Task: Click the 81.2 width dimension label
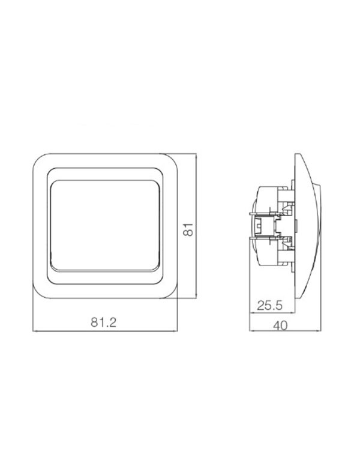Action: [x=103, y=322]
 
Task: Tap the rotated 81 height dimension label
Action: [x=188, y=229]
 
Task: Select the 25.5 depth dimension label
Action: [x=270, y=306]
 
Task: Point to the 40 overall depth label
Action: [x=280, y=325]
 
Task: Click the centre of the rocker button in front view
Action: [x=105, y=225]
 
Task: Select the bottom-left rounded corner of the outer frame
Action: [x=37, y=294]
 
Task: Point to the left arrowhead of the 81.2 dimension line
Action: [x=35, y=331]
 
